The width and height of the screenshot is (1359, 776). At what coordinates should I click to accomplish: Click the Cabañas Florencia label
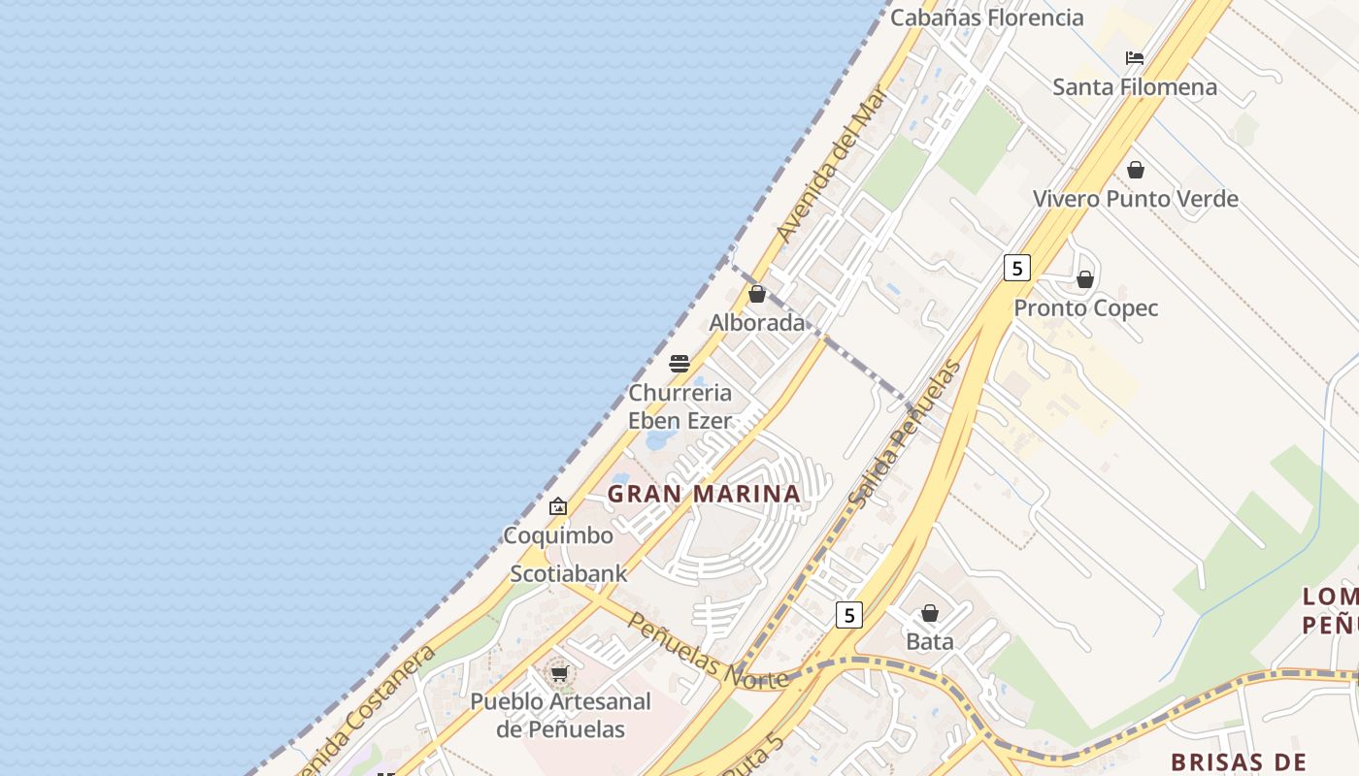(x=986, y=17)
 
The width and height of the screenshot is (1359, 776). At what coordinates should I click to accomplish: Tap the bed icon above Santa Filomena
(x=1134, y=58)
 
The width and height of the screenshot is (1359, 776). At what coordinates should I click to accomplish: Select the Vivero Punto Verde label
(x=1135, y=199)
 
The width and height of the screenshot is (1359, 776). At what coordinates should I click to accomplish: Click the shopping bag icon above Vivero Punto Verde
(x=1135, y=171)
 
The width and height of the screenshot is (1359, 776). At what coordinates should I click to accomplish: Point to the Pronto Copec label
(x=1085, y=308)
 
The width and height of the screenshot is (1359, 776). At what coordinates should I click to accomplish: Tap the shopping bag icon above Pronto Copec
(x=1085, y=280)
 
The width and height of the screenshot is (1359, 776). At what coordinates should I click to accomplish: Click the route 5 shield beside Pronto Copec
(x=1016, y=268)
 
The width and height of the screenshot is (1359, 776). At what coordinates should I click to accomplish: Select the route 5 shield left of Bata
(x=848, y=614)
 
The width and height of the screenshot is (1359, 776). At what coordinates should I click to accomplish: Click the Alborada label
(x=757, y=323)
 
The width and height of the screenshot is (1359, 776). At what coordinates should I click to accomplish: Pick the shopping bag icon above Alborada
(x=757, y=294)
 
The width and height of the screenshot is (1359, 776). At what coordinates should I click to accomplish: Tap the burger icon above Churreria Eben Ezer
(x=679, y=364)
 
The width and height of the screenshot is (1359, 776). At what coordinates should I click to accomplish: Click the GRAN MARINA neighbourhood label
(x=704, y=494)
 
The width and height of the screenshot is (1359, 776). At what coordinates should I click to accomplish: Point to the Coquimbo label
(x=558, y=535)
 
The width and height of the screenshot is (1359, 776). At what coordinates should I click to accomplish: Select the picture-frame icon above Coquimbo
(x=558, y=506)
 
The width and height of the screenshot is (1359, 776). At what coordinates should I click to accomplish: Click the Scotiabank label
(x=569, y=573)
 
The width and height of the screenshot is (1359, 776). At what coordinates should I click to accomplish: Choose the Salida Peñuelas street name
(x=905, y=434)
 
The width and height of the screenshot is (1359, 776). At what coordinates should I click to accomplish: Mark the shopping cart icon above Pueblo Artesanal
(x=559, y=672)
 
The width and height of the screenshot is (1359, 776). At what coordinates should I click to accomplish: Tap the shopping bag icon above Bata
(x=930, y=613)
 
